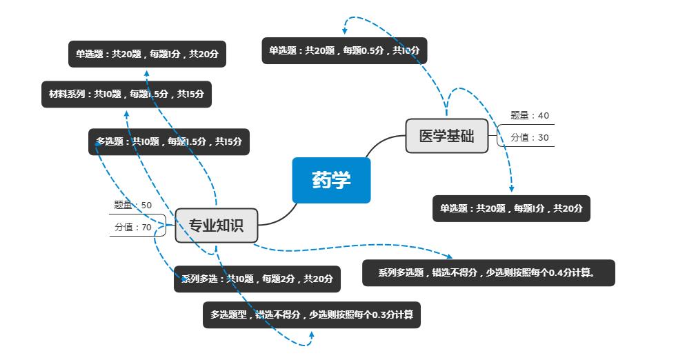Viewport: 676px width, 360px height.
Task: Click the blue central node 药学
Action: click(x=331, y=181)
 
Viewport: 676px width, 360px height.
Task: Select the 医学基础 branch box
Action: click(x=447, y=136)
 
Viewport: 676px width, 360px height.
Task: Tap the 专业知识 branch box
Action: click(x=216, y=226)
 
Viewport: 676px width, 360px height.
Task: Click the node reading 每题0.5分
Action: click(x=344, y=50)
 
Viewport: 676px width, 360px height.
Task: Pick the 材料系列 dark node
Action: click(x=126, y=94)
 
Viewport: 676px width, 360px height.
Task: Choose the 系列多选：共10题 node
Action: click(x=257, y=279)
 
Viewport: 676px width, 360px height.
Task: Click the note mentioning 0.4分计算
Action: click(x=488, y=272)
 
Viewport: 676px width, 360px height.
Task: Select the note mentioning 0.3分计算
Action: click(x=311, y=314)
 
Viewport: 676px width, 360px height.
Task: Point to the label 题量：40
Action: click(x=530, y=115)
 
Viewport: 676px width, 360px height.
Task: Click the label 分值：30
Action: click(x=530, y=137)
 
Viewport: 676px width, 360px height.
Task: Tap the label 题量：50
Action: click(x=133, y=205)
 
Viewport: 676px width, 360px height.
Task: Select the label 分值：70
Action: click(x=133, y=227)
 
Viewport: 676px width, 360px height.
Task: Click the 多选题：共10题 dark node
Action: click(x=169, y=141)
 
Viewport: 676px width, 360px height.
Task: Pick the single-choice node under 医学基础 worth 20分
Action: click(x=511, y=208)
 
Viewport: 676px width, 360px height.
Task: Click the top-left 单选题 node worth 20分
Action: click(x=148, y=54)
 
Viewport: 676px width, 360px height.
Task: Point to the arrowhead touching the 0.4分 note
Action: click(x=450, y=257)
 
